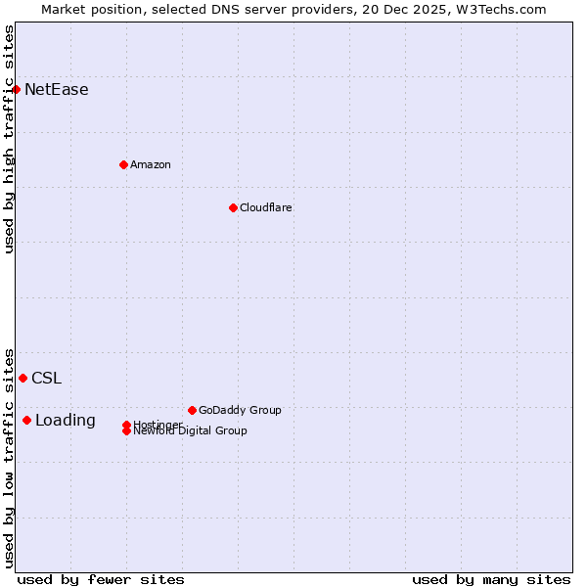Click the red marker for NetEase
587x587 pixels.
click(x=16, y=90)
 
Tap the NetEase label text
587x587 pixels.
click(x=56, y=90)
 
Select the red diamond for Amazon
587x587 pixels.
click(x=123, y=164)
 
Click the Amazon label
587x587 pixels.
click(x=150, y=164)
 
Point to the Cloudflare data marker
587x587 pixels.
click(x=233, y=207)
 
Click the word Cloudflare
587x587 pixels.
click(x=265, y=207)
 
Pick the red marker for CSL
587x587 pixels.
click(x=23, y=378)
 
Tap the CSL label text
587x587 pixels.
click(x=46, y=379)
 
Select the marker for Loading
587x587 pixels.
click(x=26, y=420)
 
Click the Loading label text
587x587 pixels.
click(x=66, y=421)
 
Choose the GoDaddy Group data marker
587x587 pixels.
click(x=192, y=410)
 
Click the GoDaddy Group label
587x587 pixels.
click(x=239, y=410)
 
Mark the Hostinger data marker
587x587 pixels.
click(x=126, y=425)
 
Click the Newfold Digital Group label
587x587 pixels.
click(x=190, y=430)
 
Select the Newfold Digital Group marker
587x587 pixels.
click(x=126, y=430)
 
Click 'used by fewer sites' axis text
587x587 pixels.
click(x=101, y=579)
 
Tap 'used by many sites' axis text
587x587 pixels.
click(x=491, y=579)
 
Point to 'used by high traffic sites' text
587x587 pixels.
click(x=9, y=139)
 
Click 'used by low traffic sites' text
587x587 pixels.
click(x=9, y=457)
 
